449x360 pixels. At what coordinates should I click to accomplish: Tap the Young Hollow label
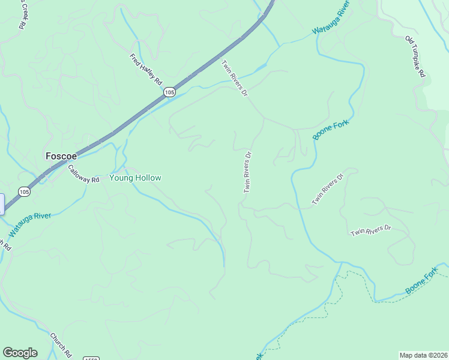click(x=135, y=178)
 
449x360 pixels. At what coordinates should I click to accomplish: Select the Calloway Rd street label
click(x=83, y=175)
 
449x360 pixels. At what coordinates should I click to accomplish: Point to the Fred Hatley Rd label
click(x=146, y=68)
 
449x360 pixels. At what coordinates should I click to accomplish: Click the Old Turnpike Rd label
click(x=415, y=56)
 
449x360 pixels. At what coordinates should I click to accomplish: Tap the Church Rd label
click(x=61, y=344)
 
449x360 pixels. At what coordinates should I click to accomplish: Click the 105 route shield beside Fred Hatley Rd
click(x=169, y=92)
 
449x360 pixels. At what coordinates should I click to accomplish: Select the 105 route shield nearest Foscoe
click(x=23, y=192)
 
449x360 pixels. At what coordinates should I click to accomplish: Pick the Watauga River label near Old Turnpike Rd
click(x=331, y=22)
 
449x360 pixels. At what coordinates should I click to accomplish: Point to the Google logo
click(x=20, y=353)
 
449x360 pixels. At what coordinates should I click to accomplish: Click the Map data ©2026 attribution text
click(x=423, y=355)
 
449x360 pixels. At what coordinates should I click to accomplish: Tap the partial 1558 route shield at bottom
click(x=91, y=358)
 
